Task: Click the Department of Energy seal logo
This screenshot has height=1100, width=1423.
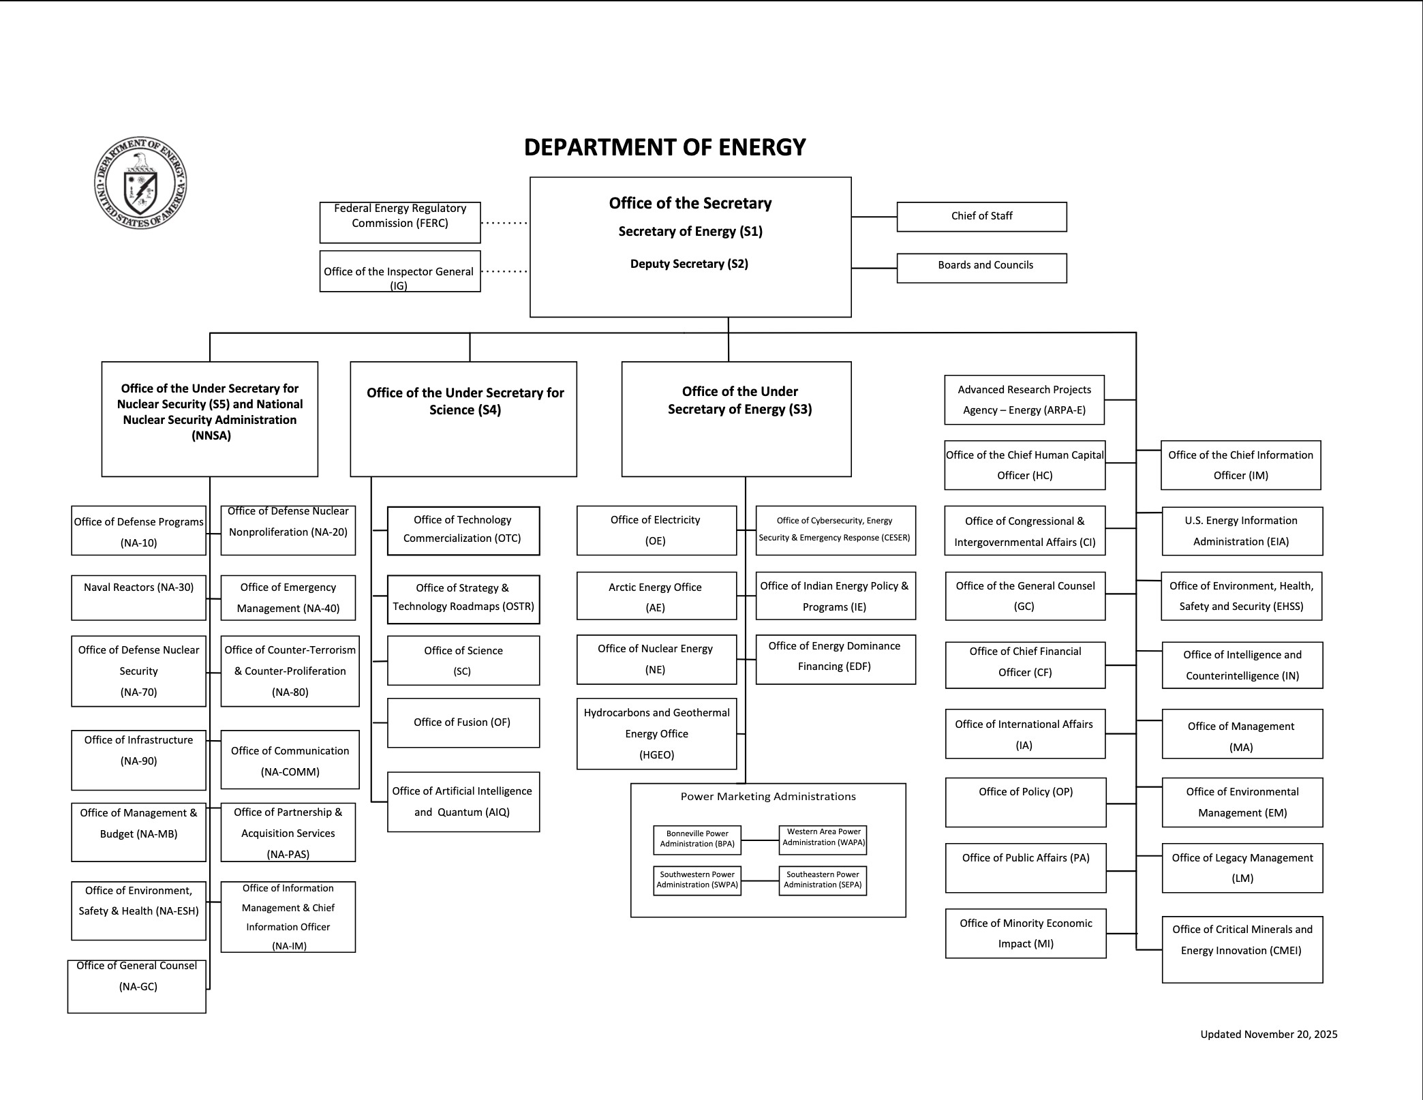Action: click(x=140, y=183)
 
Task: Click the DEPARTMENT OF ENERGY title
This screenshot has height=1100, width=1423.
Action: click(x=664, y=147)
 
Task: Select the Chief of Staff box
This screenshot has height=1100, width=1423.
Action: click(x=981, y=217)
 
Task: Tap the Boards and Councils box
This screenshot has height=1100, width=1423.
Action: click(x=981, y=268)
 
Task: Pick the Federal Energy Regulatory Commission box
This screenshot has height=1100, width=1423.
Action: click(x=400, y=222)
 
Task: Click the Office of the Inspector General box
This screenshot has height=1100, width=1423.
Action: click(x=400, y=271)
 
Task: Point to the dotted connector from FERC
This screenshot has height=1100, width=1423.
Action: click(x=504, y=223)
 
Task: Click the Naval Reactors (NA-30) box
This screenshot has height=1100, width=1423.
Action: click(x=138, y=597)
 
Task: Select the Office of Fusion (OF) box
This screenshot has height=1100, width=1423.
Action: click(x=463, y=722)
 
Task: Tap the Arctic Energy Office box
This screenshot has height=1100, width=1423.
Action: click(x=656, y=596)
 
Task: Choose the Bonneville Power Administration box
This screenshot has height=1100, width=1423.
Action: click(x=697, y=839)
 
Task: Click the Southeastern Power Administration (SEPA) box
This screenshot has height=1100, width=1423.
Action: click(x=823, y=880)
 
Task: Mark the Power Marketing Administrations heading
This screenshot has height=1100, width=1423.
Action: click(x=768, y=797)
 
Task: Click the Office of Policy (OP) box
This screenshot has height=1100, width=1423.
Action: click(x=1026, y=802)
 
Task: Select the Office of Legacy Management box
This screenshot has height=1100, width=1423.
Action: click(x=1242, y=868)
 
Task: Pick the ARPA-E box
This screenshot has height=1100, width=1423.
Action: click(x=1024, y=399)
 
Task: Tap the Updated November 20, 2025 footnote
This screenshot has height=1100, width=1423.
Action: click(x=1269, y=1034)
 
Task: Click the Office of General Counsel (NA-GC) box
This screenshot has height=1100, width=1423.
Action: click(x=137, y=986)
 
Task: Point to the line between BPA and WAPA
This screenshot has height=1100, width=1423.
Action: click(x=760, y=840)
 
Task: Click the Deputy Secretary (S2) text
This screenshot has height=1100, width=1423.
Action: click(x=689, y=264)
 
